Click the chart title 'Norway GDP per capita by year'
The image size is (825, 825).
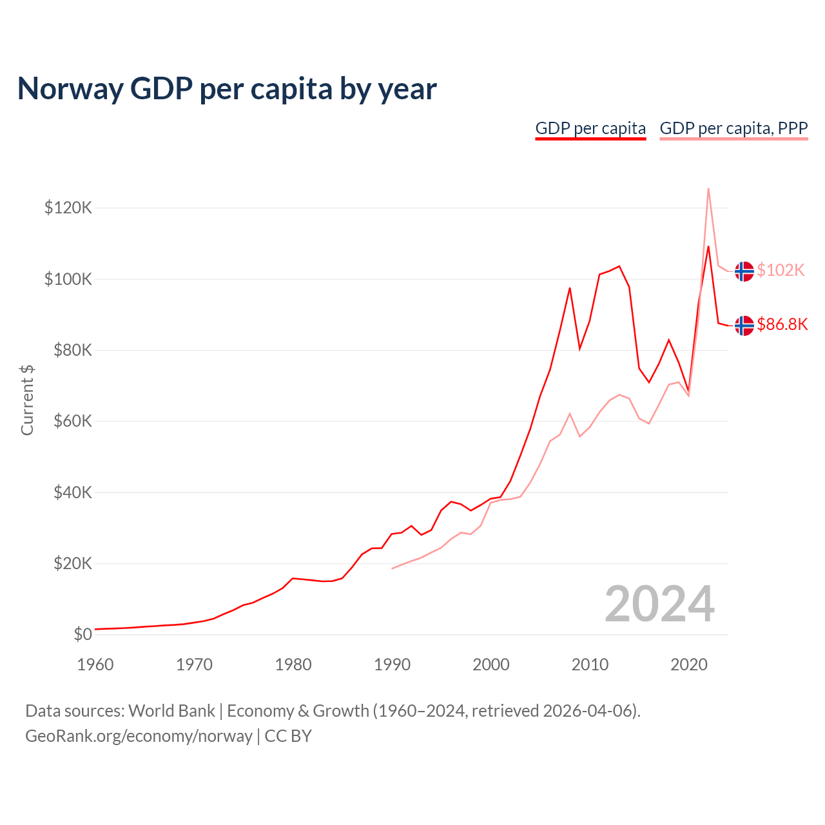[x=227, y=89]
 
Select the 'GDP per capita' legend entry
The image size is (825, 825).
[x=590, y=128]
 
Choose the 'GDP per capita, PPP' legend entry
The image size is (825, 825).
[x=733, y=128]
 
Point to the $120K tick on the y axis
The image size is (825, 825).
[x=68, y=208]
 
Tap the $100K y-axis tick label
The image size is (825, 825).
[x=68, y=279]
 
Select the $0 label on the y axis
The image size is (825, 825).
[x=82, y=634]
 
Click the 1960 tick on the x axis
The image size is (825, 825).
[x=95, y=665]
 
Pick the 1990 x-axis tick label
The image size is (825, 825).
[x=392, y=665]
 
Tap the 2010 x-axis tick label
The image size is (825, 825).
[x=590, y=665]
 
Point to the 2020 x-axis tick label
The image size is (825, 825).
[x=689, y=665]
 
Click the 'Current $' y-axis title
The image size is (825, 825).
[x=27, y=400]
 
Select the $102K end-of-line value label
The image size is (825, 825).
[x=781, y=270]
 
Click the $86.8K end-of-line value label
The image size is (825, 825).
[x=782, y=324]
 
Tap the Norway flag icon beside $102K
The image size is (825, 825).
[x=744, y=271]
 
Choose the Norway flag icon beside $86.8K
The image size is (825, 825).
[x=744, y=325]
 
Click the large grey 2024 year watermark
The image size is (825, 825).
[x=659, y=604]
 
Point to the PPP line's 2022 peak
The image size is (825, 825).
[x=708, y=189]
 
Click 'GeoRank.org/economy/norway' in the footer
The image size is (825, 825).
[x=139, y=736]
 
